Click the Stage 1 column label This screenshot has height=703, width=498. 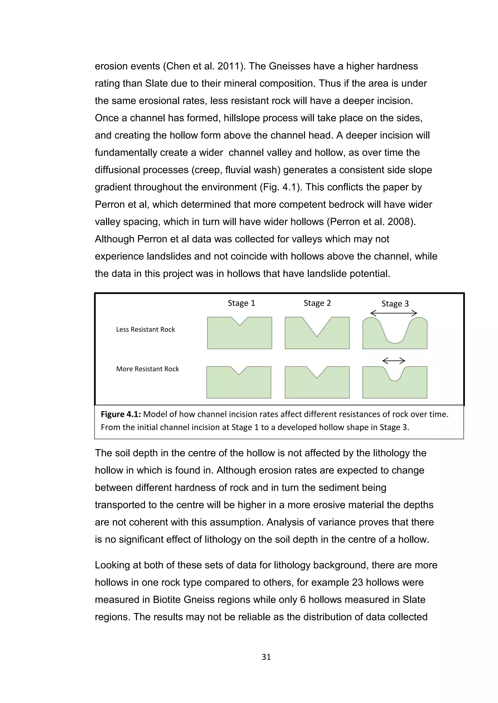241,303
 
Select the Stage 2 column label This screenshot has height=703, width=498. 317,303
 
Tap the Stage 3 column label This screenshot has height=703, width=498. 395,304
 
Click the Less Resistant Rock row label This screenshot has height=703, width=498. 145,329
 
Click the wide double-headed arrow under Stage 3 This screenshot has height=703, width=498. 394,313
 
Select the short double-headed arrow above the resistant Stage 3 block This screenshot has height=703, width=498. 394,361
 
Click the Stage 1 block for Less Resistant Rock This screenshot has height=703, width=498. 240,337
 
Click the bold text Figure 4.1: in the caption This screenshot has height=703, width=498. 121,414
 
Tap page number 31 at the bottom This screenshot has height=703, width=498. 266,657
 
